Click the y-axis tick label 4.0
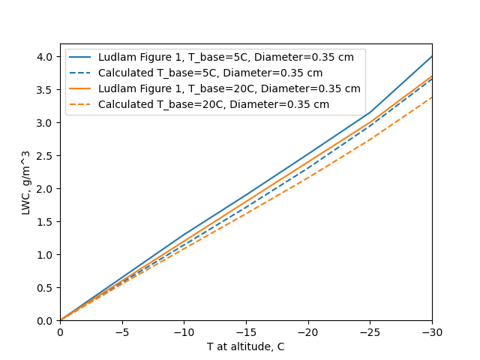(x=46, y=57)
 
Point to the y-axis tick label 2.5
(x=46, y=156)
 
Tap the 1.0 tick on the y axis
(x=46, y=255)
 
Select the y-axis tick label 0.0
(x=46, y=321)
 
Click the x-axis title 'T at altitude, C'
(x=246, y=346)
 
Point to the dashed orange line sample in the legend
(x=82, y=104)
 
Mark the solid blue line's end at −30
(x=432, y=56)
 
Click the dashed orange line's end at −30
(x=432, y=97)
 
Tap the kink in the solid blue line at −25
(x=370, y=112)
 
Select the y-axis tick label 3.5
(x=46, y=90)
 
